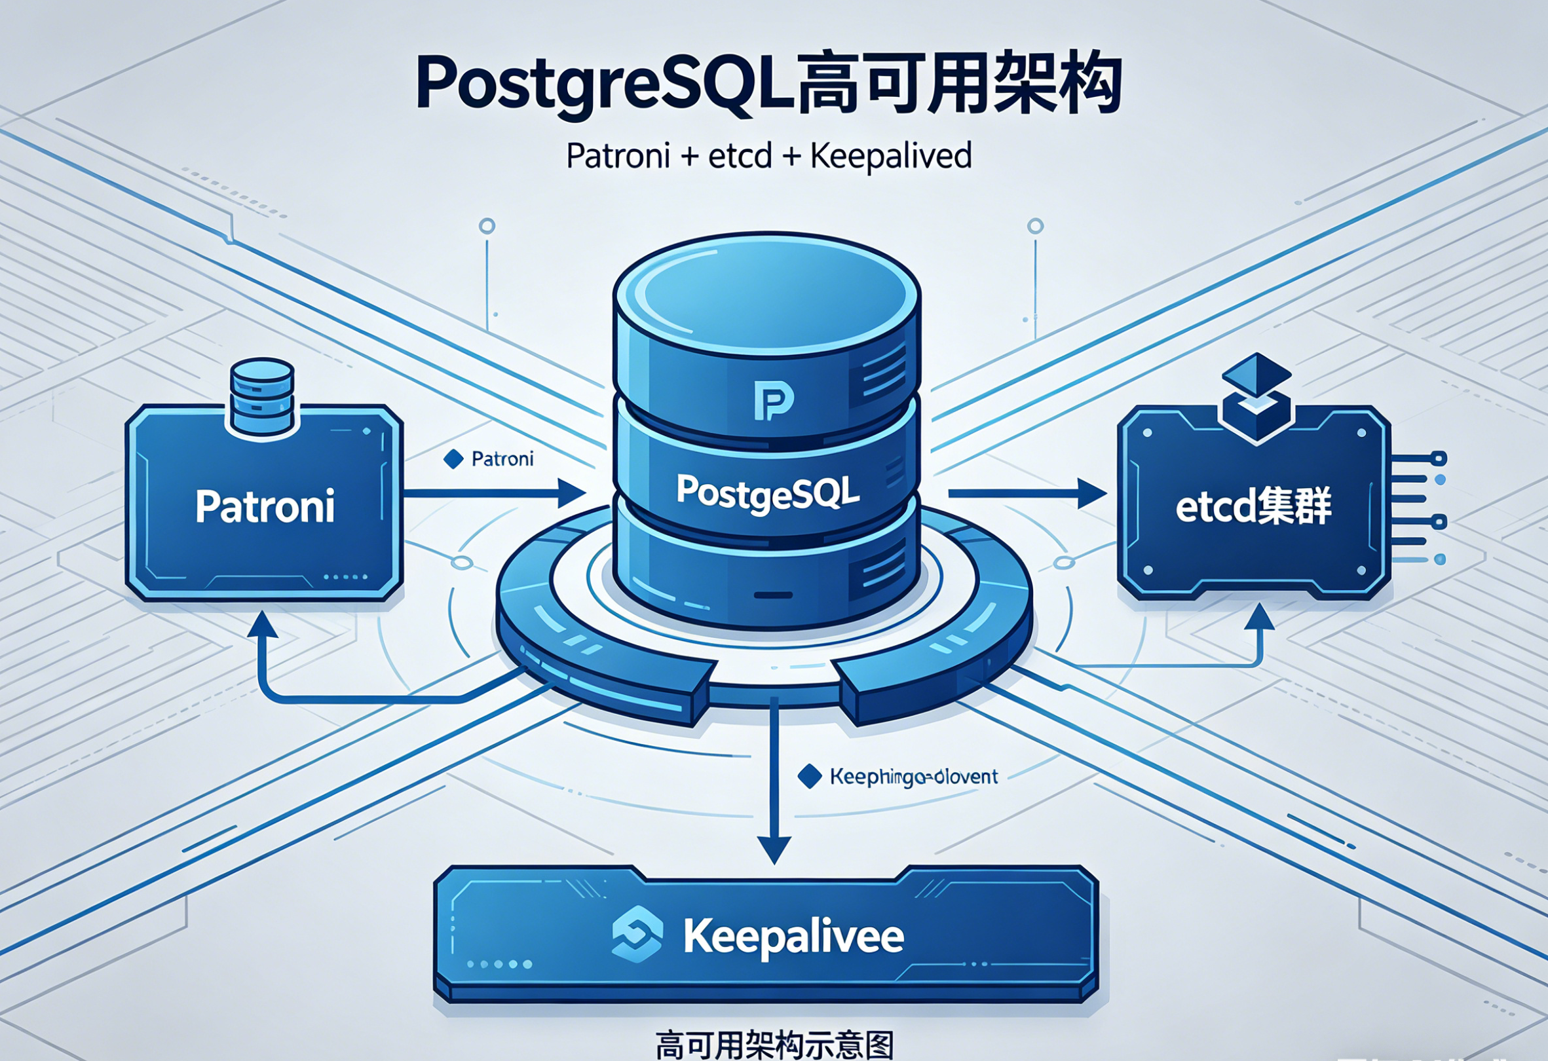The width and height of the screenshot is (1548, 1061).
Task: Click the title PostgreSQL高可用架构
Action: tap(769, 84)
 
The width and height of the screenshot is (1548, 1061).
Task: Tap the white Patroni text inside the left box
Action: tap(265, 507)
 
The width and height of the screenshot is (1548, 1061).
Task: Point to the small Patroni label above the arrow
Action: tap(502, 459)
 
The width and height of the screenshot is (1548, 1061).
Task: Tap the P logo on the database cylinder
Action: tap(773, 400)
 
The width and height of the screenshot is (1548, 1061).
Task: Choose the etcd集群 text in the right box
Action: tap(1253, 507)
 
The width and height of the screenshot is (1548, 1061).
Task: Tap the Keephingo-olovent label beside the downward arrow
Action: tap(914, 777)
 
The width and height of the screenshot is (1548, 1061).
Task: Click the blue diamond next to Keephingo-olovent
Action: tap(809, 777)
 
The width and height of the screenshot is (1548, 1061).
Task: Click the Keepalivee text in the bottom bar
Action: tap(793, 937)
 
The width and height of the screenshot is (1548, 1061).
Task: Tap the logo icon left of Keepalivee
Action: tap(637, 934)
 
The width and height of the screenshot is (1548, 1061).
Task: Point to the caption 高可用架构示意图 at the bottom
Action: tap(774, 1045)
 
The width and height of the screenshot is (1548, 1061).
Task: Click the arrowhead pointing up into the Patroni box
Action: tap(262, 626)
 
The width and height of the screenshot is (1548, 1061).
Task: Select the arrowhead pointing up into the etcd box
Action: tap(1259, 618)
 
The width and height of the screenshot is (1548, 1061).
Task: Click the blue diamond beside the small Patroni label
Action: tap(453, 459)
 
